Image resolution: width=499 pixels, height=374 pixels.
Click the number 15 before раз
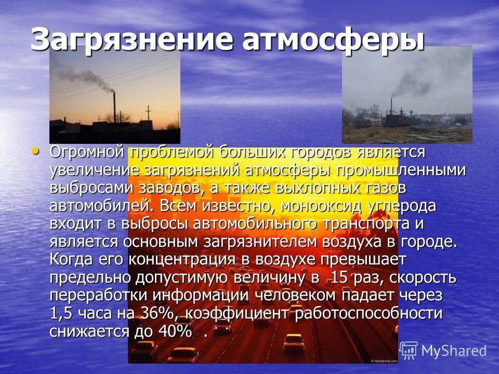[x=341, y=277]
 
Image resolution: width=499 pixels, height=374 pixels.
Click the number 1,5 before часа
[x=62, y=313]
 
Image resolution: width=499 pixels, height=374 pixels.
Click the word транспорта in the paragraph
[x=364, y=224]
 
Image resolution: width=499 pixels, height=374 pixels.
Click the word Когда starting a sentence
[x=73, y=259]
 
